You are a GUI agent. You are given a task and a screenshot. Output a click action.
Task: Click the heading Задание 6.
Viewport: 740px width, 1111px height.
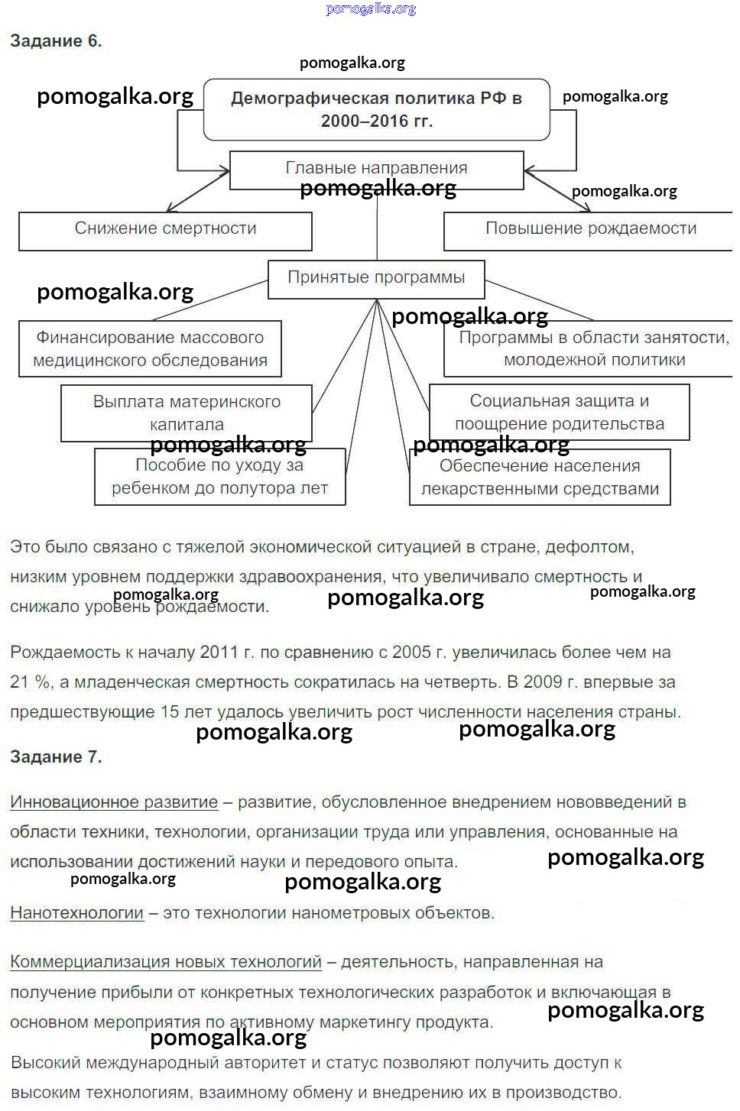point(56,41)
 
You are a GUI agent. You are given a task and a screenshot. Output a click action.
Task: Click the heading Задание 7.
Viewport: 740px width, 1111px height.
point(56,756)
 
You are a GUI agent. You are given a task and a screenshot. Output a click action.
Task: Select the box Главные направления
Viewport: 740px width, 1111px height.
point(376,169)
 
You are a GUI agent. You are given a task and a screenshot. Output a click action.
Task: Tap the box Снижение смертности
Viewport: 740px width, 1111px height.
point(165,229)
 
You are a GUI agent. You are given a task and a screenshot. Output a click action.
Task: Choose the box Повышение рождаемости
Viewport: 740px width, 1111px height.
point(590,229)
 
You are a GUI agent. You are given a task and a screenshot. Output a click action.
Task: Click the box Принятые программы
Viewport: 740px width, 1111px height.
point(376,278)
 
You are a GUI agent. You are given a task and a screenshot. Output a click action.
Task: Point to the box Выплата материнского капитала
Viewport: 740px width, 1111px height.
point(187,413)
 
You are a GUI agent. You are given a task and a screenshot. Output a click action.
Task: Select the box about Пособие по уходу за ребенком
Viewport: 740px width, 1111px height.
point(219,477)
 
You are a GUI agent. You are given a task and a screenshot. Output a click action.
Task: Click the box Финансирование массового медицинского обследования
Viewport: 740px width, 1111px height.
point(150,348)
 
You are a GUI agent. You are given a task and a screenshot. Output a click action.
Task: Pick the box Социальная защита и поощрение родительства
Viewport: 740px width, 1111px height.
point(559,412)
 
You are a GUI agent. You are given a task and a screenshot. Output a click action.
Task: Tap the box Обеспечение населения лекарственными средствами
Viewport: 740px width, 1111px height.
point(540,478)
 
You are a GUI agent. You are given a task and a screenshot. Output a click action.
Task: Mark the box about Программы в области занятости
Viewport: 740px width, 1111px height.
point(593,348)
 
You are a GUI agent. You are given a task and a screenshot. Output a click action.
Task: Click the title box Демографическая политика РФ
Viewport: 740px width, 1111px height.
point(376,109)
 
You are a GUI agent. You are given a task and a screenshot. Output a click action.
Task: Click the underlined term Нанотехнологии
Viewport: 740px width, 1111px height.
point(76,912)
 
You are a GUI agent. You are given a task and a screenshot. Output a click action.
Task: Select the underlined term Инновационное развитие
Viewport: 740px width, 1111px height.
point(114,802)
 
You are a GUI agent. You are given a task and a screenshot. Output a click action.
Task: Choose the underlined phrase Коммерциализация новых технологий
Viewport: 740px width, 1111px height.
point(166,962)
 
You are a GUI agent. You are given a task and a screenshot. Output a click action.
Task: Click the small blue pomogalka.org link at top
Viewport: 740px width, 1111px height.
point(371,9)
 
